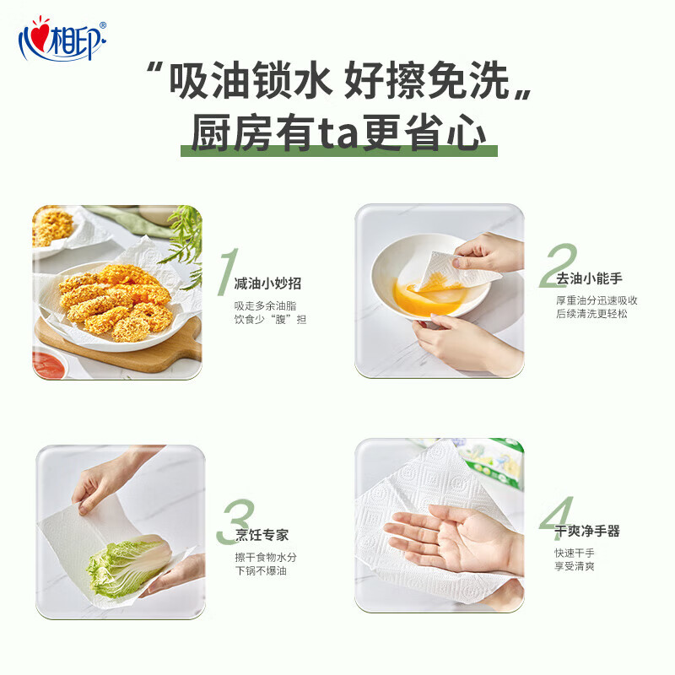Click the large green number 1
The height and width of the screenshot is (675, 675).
[x=226, y=268]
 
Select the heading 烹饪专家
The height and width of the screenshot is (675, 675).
[x=262, y=535]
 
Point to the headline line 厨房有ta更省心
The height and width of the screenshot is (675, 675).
[x=337, y=133]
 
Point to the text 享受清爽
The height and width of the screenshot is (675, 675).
[x=575, y=566]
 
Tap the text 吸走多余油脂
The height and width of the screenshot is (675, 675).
[x=265, y=305]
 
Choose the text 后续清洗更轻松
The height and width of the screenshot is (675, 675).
[x=591, y=314]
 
